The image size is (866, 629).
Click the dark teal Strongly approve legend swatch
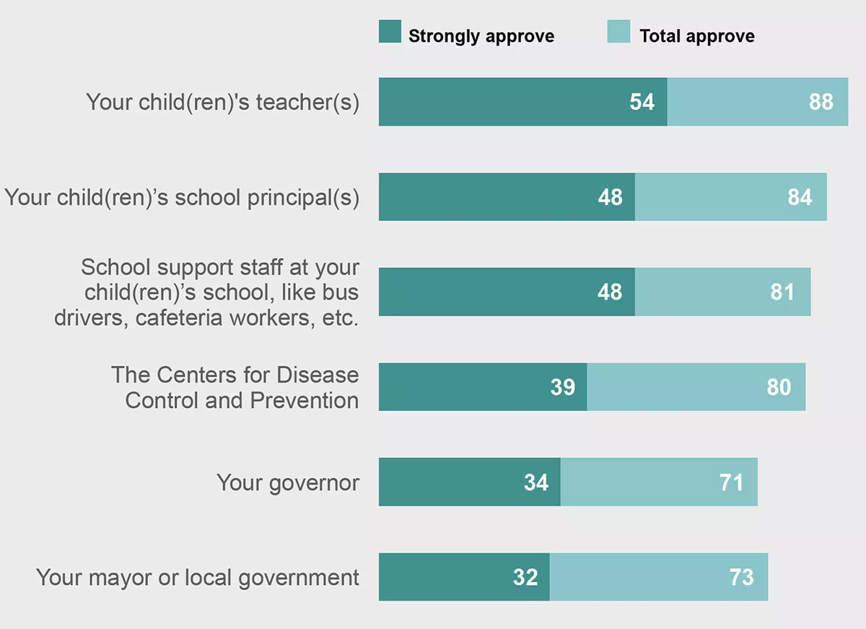[390, 32]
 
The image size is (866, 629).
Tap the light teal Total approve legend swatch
[619, 32]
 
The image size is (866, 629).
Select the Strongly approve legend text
[481, 36]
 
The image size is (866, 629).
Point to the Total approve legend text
[697, 36]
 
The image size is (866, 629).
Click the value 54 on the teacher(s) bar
[642, 102]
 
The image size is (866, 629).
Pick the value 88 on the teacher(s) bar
[821, 102]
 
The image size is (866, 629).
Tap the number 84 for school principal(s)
[800, 197]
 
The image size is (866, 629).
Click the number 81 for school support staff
[782, 292]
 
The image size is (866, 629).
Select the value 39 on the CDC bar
[562, 387]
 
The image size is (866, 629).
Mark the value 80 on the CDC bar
[779, 387]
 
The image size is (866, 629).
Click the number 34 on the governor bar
[536, 482]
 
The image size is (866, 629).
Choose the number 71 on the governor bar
[731, 482]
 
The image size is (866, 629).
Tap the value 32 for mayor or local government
[525, 577]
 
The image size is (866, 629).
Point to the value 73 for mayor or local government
[741, 577]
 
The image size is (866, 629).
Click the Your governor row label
[288, 482]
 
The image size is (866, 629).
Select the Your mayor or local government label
[198, 577]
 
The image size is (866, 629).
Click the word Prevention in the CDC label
[304, 400]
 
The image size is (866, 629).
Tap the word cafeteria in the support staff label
[178, 318]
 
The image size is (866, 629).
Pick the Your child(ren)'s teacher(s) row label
[222, 102]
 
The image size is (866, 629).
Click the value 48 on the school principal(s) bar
[610, 197]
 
